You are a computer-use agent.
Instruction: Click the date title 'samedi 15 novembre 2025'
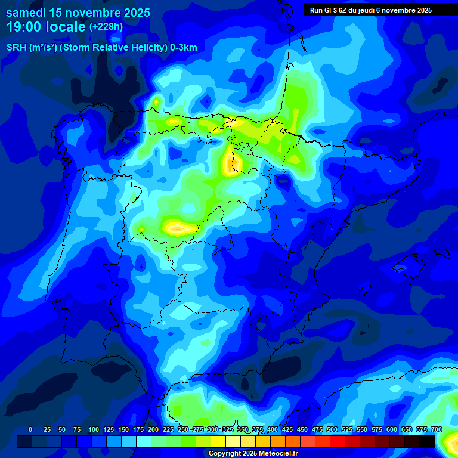(x=78, y=13)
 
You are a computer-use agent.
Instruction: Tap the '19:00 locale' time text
(x=46, y=27)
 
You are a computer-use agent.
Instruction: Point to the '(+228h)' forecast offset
(x=106, y=27)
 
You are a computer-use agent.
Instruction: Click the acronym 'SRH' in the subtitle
(x=17, y=48)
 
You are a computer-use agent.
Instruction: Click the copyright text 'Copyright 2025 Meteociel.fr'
(x=253, y=453)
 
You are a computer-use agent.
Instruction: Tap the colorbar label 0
(x=30, y=429)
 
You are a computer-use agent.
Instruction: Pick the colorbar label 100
(x=94, y=429)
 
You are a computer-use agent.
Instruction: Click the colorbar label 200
(x=153, y=429)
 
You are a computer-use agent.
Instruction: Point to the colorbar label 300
(x=213, y=429)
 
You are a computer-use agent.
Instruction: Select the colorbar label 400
(x=273, y=429)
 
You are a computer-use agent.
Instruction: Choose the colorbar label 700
(x=436, y=429)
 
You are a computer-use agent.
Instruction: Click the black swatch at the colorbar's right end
(x=427, y=441)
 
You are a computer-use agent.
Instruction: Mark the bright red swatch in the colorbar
(x=338, y=441)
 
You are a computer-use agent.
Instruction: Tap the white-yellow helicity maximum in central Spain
(x=175, y=227)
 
